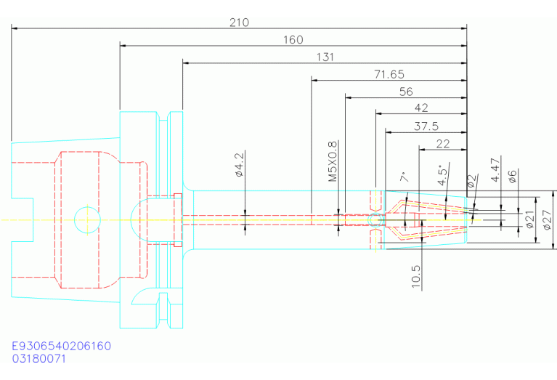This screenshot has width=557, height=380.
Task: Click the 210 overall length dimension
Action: coord(239,23)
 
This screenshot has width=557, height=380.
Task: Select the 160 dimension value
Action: coord(293,40)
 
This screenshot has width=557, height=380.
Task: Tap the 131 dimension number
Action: coord(325,57)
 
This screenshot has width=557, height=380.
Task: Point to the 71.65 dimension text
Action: coord(389,74)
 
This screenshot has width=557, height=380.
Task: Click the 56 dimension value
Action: coord(406,92)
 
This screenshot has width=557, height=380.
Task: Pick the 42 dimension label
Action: coord(421,108)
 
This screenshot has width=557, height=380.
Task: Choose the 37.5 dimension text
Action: coord(426,126)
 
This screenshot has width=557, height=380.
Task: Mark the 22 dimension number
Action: coord(442,144)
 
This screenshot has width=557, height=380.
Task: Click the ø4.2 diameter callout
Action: coord(240,165)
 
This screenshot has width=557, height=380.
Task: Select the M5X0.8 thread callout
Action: coord(333,161)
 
